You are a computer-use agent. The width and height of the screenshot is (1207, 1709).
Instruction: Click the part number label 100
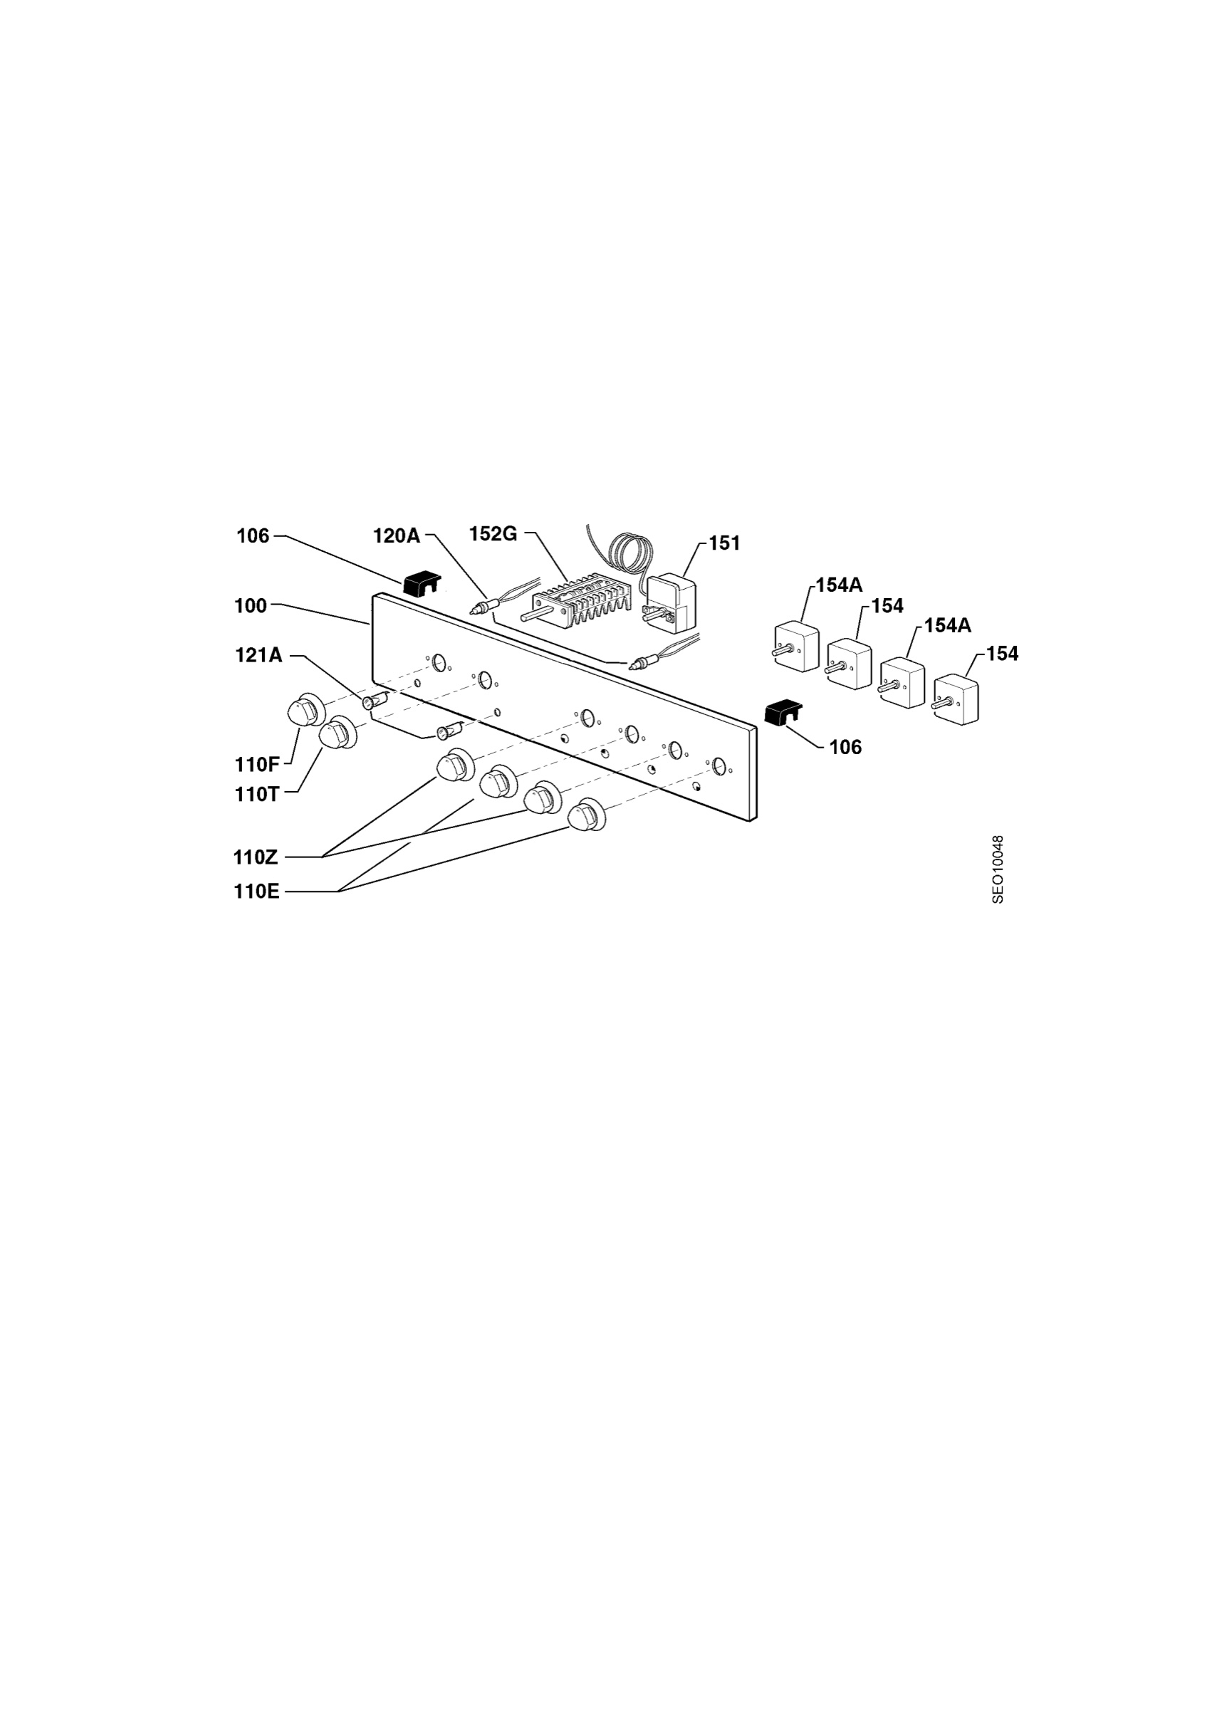tap(251, 606)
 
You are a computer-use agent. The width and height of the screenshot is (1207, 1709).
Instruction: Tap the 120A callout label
tap(397, 535)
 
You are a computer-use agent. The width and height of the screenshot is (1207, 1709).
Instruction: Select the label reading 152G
tap(493, 535)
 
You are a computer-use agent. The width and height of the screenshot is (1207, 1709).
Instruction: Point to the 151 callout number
tap(725, 543)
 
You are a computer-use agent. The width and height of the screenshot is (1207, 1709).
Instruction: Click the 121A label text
tap(259, 655)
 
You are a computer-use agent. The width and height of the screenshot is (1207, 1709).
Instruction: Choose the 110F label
tap(258, 765)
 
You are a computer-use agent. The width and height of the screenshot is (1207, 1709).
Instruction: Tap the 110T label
tap(257, 795)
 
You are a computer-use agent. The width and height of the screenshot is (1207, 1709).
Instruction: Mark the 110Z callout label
tap(256, 857)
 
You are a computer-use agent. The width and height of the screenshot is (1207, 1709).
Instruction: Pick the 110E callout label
tap(257, 892)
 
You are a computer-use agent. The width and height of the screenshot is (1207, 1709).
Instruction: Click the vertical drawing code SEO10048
tap(998, 869)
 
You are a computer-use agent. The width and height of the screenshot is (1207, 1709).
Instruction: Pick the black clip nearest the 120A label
tap(420, 584)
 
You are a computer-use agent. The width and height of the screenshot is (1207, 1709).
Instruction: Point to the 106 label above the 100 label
tap(253, 536)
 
